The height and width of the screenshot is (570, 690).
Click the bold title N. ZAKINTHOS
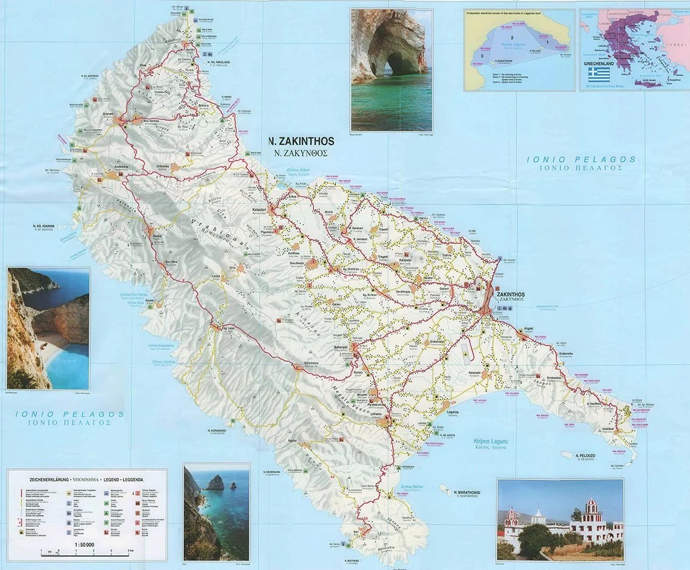[301, 141]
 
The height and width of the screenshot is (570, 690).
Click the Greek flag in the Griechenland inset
[599, 75]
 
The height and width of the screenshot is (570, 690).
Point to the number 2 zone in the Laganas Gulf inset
[511, 38]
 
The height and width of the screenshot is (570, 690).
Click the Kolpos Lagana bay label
[490, 442]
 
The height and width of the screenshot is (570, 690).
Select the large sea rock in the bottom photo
[215, 483]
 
